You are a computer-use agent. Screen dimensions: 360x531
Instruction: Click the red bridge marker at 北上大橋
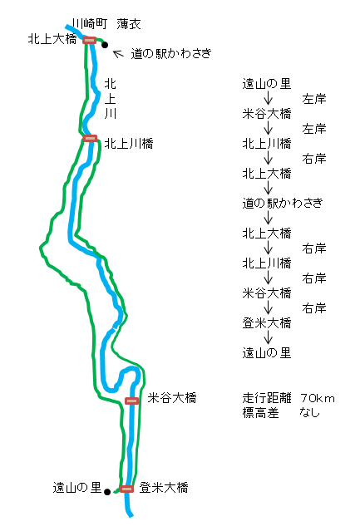pyautogui.click(x=90, y=40)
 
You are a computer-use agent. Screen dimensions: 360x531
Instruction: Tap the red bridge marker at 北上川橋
pyautogui.click(x=90, y=138)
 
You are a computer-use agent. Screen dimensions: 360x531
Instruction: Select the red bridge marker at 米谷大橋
pyautogui.click(x=131, y=401)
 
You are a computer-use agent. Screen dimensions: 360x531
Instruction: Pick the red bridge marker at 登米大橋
pyautogui.click(x=126, y=489)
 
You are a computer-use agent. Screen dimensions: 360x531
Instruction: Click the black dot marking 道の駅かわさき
pyautogui.click(x=105, y=45)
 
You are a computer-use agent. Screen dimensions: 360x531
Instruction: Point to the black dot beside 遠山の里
pyautogui.click(x=107, y=492)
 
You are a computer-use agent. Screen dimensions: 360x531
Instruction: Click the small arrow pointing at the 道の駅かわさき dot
pyautogui.click(x=118, y=54)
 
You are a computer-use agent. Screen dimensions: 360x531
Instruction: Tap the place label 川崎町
pyautogui.click(x=90, y=24)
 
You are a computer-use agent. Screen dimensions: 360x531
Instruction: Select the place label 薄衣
pyautogui.click(x=129, y=24)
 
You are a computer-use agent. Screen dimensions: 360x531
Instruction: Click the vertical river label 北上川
pyautogui.click(x=111, y=99)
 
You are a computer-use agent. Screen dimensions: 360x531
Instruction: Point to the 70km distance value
pyautogui.click(x=318, y=398)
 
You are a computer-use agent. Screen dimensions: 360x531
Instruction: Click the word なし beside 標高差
pyautogui.click(x=309, y=412)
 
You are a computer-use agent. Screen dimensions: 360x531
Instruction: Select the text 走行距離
pyautogui.click(x=267, y=398)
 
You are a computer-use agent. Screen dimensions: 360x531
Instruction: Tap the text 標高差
pyautogui.click(x=261, y=413)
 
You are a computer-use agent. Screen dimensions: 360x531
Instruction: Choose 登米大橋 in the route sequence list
pyautogui.click(x=267, y=323)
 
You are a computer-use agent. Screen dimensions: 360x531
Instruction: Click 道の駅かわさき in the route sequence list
pyautogui.click(x=283, y=204)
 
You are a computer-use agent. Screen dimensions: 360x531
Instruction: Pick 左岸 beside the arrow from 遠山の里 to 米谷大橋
pyautogui.click(x=314, y=99)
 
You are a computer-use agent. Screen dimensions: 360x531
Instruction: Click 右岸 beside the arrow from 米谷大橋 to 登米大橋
pyautogui.click(x=314, y=308)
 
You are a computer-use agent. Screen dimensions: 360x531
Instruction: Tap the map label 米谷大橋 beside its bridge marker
pyautogui.click(x=172, y=398)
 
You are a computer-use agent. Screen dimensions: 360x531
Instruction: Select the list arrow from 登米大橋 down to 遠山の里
pyautogui.click(x=269, y=337)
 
